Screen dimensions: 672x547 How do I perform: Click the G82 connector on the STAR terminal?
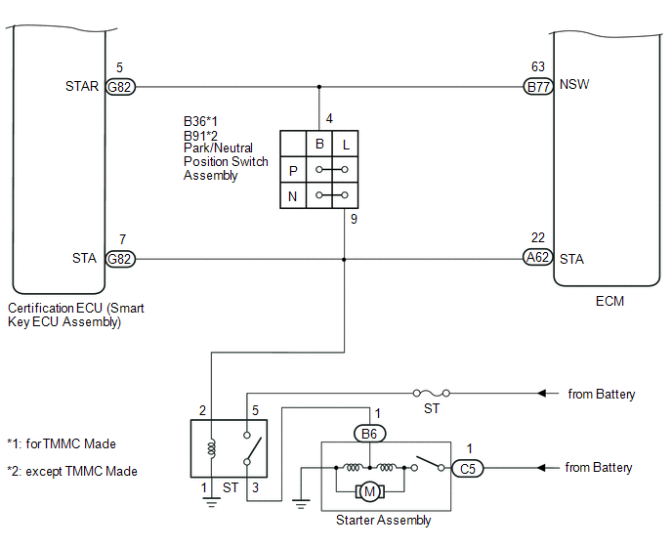[x=120, y=87]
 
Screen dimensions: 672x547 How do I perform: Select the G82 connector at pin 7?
[x=120, y=259]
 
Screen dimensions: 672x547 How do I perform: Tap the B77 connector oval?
[x=538, y=87]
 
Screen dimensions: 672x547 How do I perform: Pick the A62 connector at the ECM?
[x=538, y=257]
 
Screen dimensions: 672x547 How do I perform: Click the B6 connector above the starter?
[x=370, y=434]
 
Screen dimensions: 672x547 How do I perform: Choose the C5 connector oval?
[x=468, y=468]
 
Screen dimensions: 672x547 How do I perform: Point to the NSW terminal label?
[x=574, y=84]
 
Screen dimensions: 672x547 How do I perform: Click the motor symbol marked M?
[x=369, y=491]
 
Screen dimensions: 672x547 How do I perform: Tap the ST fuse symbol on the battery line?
[x=432, y=393]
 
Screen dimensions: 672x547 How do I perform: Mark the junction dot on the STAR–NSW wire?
[x=318, y=87]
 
